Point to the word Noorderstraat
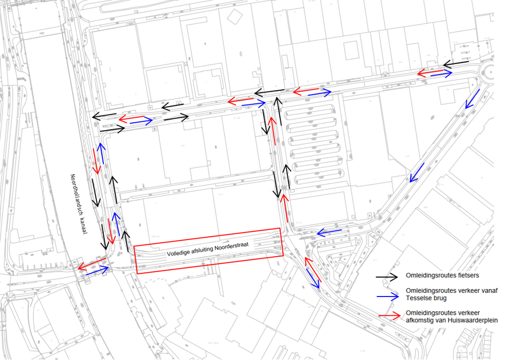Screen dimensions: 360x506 pos(233,245)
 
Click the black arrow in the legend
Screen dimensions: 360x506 pos(389,276)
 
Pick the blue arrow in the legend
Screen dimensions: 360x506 pos(389,295)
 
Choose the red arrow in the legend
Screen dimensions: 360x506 pos(389,314)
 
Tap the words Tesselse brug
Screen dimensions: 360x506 pos(425,298)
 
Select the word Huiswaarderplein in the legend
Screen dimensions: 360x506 pos(469,320)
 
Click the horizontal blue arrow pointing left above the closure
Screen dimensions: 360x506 pos(328,232)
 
